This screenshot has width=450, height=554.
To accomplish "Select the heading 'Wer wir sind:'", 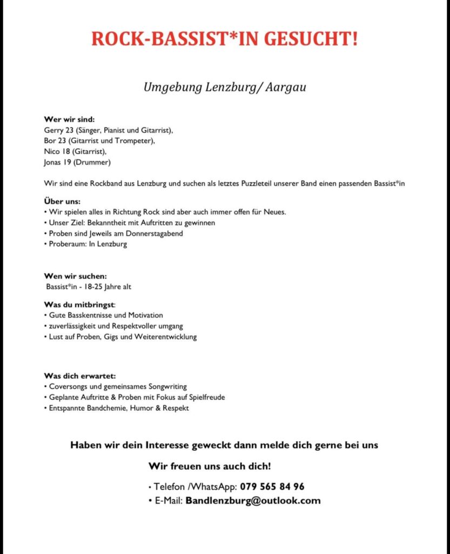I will coord(69,120).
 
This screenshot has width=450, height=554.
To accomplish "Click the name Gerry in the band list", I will coord(53,130).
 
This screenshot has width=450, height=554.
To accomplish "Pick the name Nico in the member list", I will coord(51,151).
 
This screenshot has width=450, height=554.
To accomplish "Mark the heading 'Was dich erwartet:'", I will coord(80,375).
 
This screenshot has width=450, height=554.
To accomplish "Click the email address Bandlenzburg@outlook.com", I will coord(253,500).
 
